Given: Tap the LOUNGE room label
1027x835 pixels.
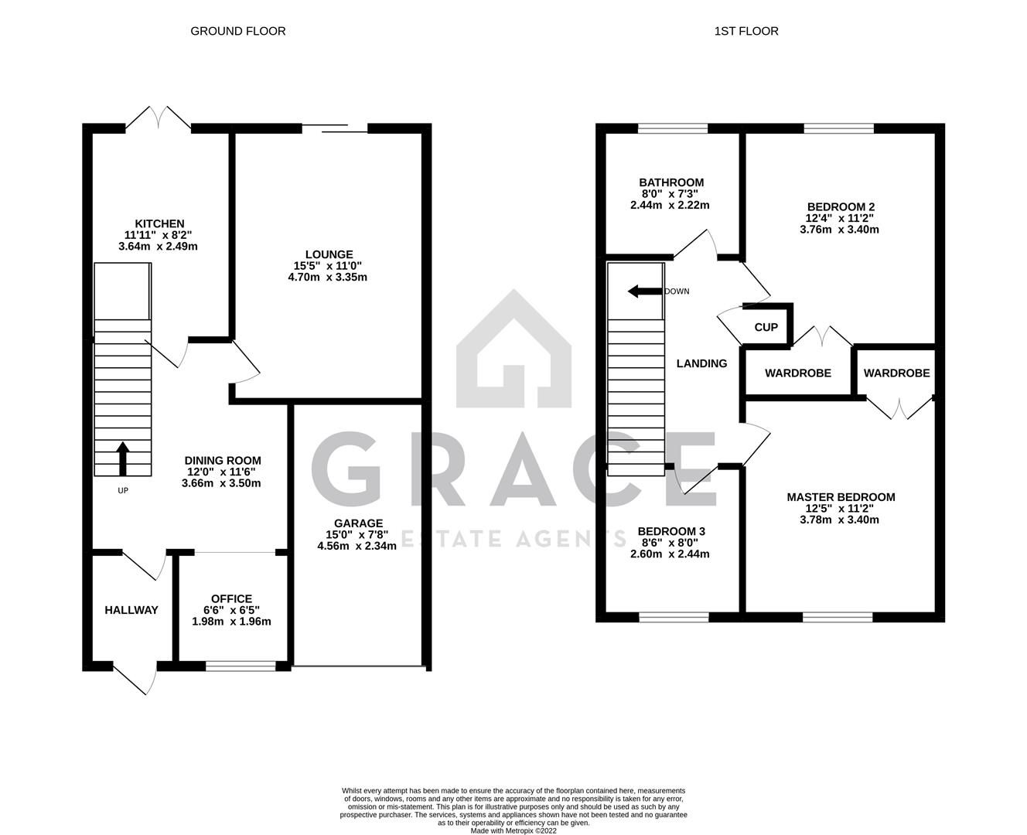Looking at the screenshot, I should pos(329,254).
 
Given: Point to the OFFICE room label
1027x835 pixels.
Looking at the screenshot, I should pos(231,598).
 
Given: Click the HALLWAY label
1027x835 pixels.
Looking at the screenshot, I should pos(131,610).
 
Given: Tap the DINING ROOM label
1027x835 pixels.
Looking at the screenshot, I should pos(222,461).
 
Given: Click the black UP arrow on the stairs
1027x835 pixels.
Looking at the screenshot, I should pos(122,458).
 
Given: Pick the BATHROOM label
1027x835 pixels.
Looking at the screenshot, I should pos(670,182).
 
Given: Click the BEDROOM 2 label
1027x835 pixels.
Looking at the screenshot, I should pos(841,206).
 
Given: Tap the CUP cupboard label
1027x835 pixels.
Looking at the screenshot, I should pos(766,327).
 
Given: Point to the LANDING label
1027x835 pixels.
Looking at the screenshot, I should pos(701,363).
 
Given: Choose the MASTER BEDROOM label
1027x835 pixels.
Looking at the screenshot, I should pos(841,497).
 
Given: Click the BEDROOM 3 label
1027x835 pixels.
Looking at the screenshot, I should pos(670,531).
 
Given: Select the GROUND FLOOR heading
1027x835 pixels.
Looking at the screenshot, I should pos(237,31).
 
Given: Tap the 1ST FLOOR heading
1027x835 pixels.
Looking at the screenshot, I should pos(746,31).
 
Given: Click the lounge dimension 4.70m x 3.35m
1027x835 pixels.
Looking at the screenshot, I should pos(327,277).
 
